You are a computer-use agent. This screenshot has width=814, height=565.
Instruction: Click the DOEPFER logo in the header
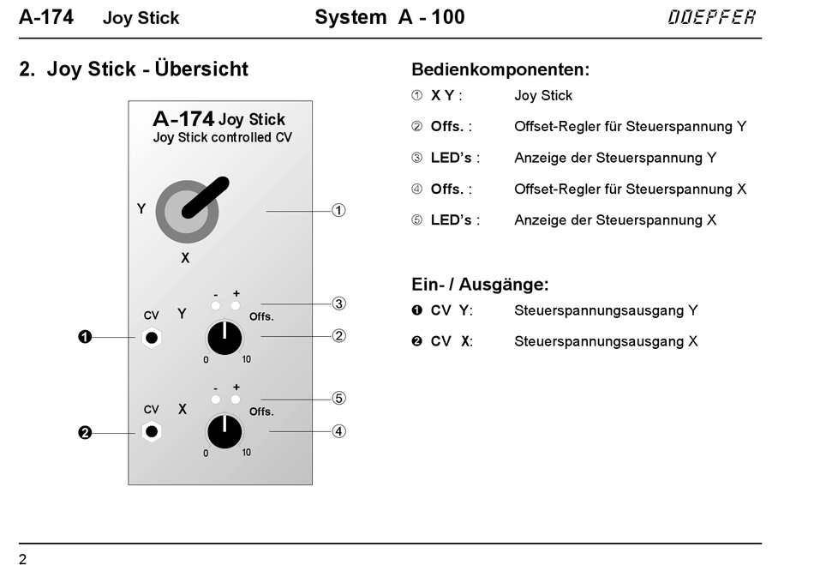pos(712,17)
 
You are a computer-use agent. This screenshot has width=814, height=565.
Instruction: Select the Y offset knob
pos(224,338)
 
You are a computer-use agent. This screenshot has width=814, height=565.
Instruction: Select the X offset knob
pos(224,431)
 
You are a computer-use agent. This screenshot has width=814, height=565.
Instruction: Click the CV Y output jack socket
pos(152,338)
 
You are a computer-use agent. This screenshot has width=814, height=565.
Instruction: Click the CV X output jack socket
pos(152,431)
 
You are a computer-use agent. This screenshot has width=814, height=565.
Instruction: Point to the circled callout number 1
pos(339,210)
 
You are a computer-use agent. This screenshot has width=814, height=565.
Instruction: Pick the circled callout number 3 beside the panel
pos(339,304)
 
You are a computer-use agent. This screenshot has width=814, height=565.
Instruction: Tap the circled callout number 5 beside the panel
pos(339,398)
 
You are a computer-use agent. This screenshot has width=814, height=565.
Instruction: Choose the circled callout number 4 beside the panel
pos(339,431)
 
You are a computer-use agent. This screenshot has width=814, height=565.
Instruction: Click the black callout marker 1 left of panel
pos(85,338)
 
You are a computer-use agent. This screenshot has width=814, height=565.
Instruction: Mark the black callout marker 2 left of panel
pos(85,433)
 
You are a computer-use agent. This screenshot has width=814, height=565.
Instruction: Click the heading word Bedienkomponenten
pos(500,69)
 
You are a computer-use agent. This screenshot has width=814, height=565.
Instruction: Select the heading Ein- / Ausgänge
pos(480,284)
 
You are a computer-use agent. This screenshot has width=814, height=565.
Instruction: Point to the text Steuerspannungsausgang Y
pos(606,310)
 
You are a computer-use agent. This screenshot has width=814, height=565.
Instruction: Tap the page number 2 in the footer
pos(23,559)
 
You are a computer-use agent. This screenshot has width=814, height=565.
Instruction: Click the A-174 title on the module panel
pos(183,119)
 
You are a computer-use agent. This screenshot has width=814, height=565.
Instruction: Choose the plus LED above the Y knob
pos(236,305)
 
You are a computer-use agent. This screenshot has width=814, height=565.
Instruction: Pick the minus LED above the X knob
pos(216,400)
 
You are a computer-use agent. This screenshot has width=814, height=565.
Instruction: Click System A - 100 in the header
pos(390,17)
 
